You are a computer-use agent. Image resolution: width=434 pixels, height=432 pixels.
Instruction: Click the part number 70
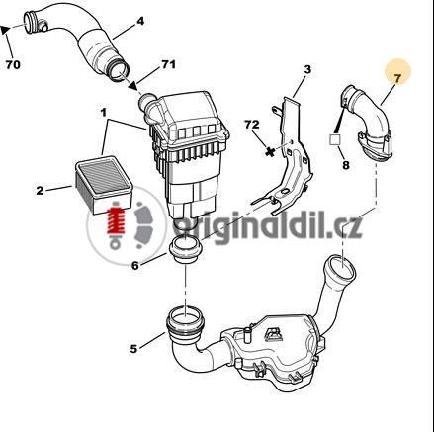click(13, 64)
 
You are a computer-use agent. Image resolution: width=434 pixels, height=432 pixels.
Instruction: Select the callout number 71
click(168, 64)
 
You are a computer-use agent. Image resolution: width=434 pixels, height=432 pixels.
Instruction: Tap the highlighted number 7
click(397, 78)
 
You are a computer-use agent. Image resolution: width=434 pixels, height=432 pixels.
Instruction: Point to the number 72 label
click(252, 125)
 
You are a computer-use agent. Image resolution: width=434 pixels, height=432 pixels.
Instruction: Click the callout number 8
click(346, 165)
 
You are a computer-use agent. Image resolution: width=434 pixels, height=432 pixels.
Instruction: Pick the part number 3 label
click(307, 69)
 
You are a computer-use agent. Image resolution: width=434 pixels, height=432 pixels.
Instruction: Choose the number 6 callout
click(135, 265)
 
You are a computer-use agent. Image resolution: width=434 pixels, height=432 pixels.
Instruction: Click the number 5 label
click(133, 349)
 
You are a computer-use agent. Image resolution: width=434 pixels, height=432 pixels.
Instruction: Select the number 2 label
click(40, 191)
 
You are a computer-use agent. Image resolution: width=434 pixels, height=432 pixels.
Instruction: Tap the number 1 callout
click(104, 113)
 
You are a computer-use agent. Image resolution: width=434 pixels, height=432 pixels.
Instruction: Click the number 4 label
click(140, 21)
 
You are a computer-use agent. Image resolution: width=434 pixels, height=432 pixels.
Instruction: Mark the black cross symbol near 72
click(270, 152)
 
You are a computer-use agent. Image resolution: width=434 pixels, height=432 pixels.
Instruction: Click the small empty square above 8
click(335, 139)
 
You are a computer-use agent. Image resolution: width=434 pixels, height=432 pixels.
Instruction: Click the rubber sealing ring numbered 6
click(186, 249)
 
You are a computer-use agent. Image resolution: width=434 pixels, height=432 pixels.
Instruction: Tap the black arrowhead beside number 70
click(5, 30)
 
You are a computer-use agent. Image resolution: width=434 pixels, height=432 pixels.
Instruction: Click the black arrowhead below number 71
click(133, 86)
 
